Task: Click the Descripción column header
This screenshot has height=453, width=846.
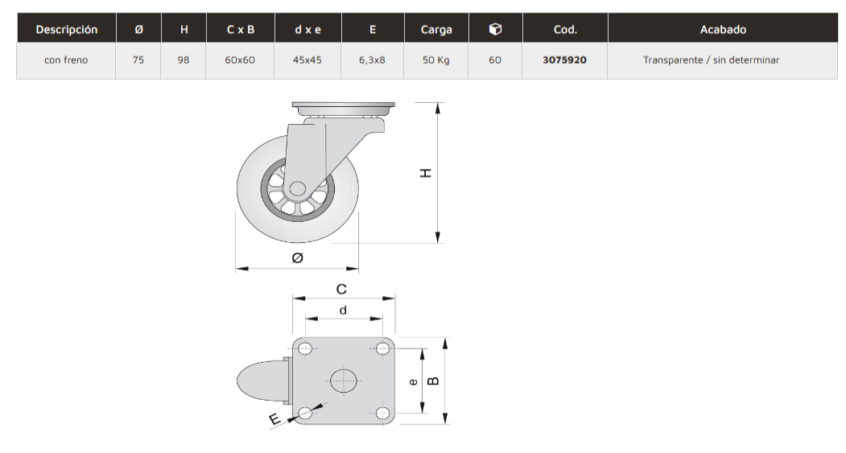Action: (67, 30)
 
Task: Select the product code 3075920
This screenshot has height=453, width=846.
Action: (564, 60)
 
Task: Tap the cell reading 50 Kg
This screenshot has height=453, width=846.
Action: (436, 60)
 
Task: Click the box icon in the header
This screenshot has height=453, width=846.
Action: (495, 29)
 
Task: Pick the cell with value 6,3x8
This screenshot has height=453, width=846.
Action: (372, 60)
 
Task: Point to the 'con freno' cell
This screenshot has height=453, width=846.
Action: (67, 60)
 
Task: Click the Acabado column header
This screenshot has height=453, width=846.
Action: (723, 30)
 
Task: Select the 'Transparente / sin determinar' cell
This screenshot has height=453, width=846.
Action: (711, 60)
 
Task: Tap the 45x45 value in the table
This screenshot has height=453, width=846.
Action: (308, 60)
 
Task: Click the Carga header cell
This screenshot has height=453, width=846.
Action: (436, 30)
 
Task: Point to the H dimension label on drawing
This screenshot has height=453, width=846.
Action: (427, 173)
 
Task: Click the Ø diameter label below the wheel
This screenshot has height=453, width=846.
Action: (297, 257)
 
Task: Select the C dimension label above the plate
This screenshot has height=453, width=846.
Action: (341, 289)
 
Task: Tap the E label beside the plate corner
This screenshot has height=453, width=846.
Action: (274, 418)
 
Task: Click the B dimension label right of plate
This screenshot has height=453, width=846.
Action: (433, 380)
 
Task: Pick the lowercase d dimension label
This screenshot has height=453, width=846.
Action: (343, 310)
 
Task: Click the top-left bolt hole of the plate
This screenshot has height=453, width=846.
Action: (305, 348)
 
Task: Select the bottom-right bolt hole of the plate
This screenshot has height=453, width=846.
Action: (382, 413)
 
